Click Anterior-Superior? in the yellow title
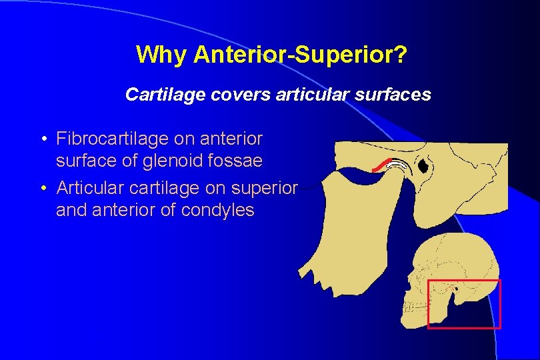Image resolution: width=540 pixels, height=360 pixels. pos(300,55)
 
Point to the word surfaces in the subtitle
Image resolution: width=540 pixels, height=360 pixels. pos(395,95)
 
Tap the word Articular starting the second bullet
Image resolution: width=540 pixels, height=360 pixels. pos(82,188)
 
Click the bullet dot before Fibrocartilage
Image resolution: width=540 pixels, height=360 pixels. pos(43,139)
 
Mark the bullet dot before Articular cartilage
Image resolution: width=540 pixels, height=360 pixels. pos(43,189)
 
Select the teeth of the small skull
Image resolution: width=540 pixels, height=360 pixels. pos(414,306)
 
